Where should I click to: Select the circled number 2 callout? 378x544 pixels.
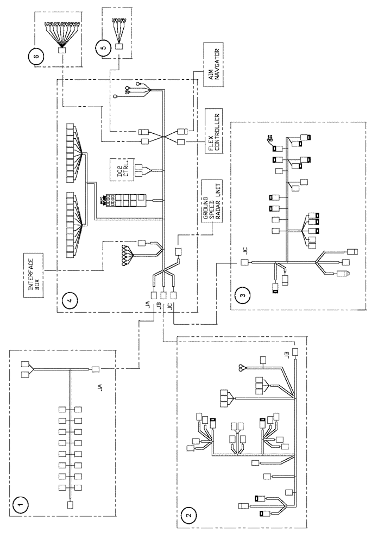pos(188,513)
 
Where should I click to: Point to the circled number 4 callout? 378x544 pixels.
pos(68,299)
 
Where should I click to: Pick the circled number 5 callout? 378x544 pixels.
pos(98,47)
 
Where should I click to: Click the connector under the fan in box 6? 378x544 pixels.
pos(62,51)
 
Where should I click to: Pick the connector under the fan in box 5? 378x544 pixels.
pos(119,47)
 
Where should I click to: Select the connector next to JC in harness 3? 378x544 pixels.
pos(244,263)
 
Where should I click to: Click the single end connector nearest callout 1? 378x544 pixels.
pos(70,505)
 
